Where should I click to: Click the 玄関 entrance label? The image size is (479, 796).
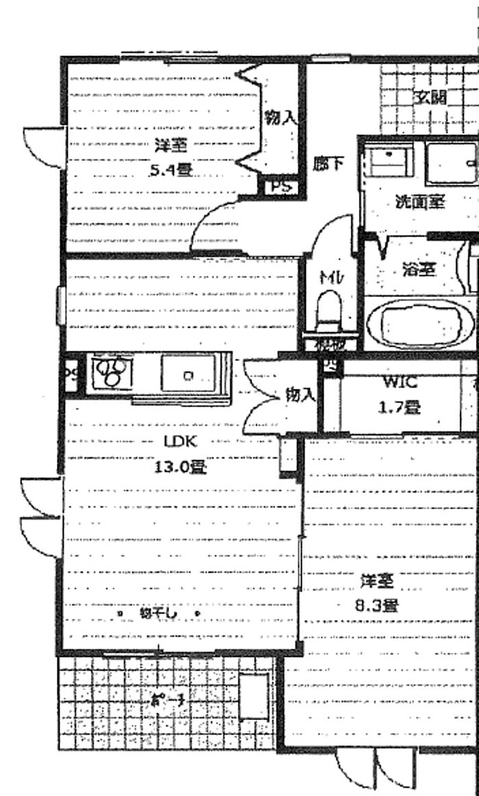(430, 97)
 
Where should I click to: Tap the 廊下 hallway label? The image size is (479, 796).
(328, 164)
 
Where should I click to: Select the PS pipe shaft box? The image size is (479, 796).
(281, 185)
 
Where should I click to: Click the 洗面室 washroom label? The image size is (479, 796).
(419, 202)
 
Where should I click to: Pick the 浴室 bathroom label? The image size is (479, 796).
(419, 269)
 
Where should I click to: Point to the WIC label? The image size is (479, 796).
(400, 382)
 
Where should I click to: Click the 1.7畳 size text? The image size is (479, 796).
(400, 408)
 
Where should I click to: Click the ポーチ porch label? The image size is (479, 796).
(168, 701)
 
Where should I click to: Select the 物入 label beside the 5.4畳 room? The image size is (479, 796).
(281, 118)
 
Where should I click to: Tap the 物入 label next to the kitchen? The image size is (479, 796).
(300, 394)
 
